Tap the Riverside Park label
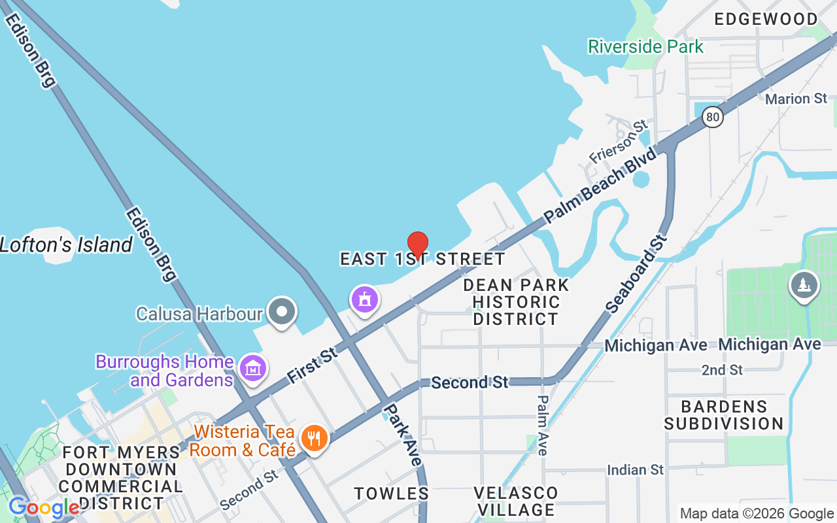tap(645, 47)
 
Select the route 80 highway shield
tap(713, 118)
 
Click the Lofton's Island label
tap(66, 245)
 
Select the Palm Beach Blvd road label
tap(600, 186)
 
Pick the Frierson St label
tap(618, 142)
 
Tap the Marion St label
tap(796, 99)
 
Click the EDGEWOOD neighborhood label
tap(766, 20)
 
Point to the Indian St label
tap(635, 470)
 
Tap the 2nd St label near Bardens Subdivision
tap(722, 370)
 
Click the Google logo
tap(44, 507)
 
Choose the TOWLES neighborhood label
tap(392, 494)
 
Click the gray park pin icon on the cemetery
tap(804, 286)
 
